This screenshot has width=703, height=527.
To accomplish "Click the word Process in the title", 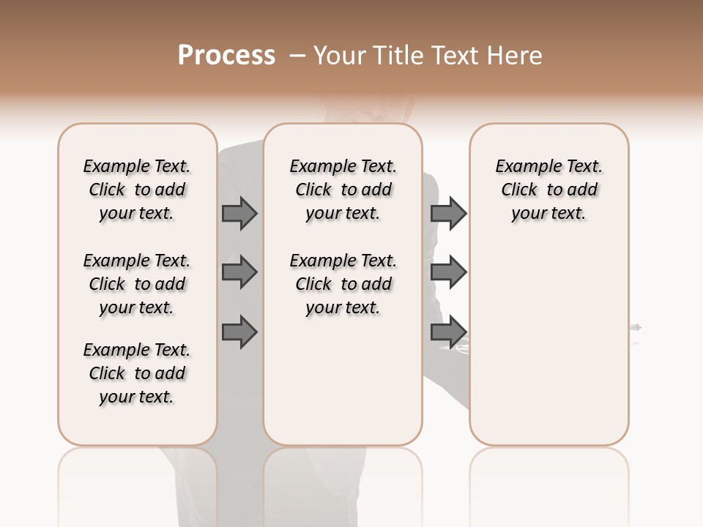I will coord(226,56).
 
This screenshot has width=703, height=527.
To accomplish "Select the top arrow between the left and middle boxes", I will coord(239,214).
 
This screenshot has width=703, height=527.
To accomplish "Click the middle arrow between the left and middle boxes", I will coord(239,273).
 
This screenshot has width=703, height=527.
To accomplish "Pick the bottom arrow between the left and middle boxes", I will coord(239,332).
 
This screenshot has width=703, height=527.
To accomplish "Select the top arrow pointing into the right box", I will coord(448,214).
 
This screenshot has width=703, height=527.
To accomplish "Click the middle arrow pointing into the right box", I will coord(448,273).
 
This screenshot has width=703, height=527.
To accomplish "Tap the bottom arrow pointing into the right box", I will coord(448,332).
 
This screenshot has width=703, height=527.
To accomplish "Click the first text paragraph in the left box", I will coord(137,190).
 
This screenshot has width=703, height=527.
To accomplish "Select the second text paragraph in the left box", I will coord(137,284).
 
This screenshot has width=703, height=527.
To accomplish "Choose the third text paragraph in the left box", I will coord(137,373).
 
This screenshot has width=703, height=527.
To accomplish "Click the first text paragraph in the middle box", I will coord(343,190).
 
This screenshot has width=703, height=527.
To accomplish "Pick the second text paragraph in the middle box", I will coord(343,284).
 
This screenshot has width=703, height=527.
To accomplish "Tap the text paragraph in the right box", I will coord(548,190).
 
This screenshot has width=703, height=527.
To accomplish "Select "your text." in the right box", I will coord(548,214).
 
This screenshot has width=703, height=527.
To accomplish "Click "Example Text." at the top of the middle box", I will coord(343,166).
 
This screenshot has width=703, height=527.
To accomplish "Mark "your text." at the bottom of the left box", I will coord(137,397).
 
